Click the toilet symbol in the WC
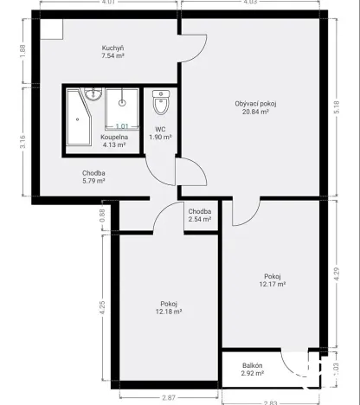click(x=160, y=105)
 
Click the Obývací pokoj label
click(x=255, y=104)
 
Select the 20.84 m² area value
click(x=255, y=112)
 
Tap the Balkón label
click(x=252, y=366)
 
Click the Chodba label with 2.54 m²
click(x=200, y=212)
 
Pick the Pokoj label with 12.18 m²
click(x=169, y=304)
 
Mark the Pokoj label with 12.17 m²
click(x=273, y=276)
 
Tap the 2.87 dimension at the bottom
click(x=167, y=396)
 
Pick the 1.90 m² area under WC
click(x=160, y=137)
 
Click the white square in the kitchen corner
click(x=51, y=29)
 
